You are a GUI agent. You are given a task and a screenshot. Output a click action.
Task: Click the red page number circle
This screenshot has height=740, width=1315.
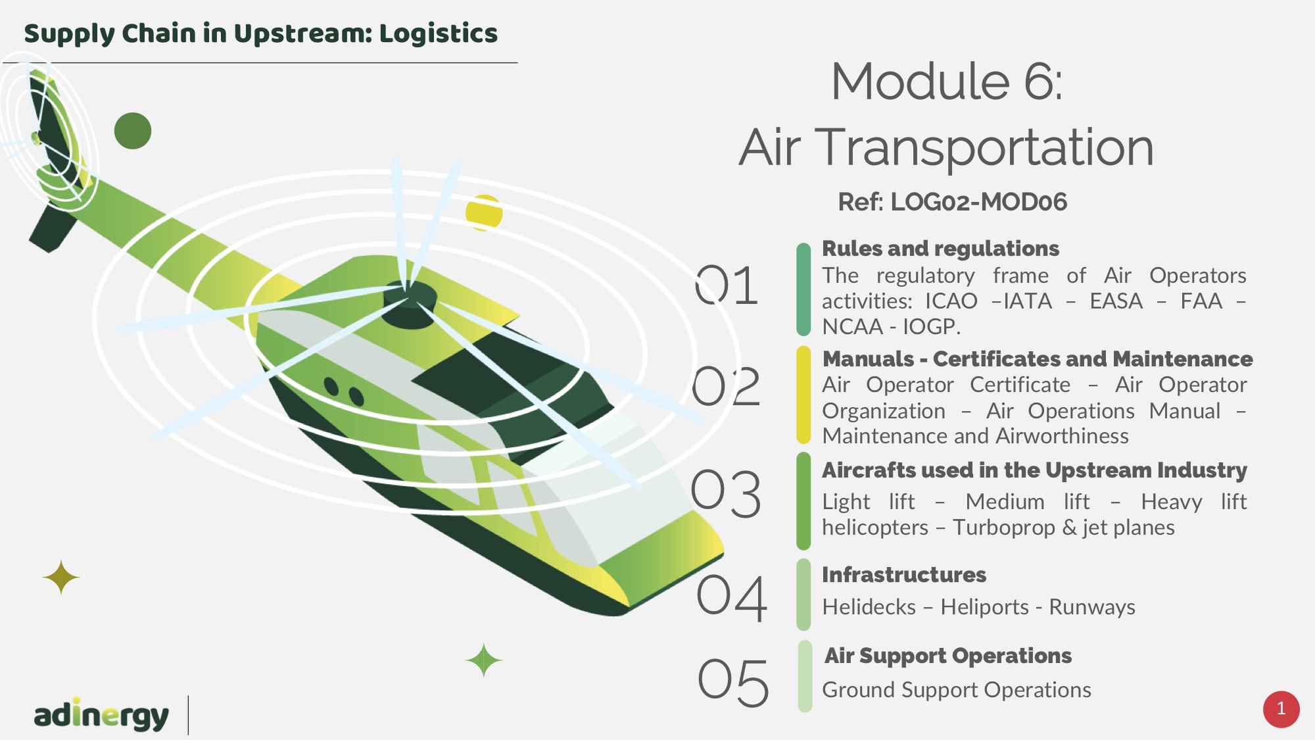[1281, 709]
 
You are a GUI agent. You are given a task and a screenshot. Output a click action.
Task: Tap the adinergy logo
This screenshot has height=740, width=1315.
[101, 714]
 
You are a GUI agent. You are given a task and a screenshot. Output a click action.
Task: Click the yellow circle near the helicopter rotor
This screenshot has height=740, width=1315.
[484, 212]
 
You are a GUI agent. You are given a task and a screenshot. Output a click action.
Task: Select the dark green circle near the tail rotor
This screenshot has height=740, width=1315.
[133, 131]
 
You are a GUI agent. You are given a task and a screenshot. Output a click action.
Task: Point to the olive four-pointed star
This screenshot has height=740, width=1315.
[61, 578]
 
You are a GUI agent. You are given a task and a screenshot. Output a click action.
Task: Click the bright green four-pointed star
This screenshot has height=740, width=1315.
[484, 660]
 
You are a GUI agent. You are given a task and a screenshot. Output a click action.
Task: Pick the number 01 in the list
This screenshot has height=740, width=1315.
[727, 285]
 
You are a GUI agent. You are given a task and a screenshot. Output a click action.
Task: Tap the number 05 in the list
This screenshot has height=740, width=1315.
[733, 683]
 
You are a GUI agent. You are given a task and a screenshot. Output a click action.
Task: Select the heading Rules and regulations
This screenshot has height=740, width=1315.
[941, 249]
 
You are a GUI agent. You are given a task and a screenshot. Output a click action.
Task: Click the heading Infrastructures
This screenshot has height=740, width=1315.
[904, 575]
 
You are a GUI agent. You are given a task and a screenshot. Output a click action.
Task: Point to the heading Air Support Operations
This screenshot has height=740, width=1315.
[948, 656]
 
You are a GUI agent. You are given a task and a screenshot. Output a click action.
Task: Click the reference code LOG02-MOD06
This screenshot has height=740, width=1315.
[979, 202]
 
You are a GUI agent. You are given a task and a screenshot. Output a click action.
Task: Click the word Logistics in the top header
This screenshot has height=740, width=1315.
[439, 33]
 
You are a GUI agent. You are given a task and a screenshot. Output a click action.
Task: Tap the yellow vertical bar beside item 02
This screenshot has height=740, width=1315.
[803, 395]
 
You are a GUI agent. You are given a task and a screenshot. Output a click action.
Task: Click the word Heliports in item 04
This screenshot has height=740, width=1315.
[984, 607]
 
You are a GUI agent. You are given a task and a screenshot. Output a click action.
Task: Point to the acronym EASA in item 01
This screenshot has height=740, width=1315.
[1116, 301]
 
